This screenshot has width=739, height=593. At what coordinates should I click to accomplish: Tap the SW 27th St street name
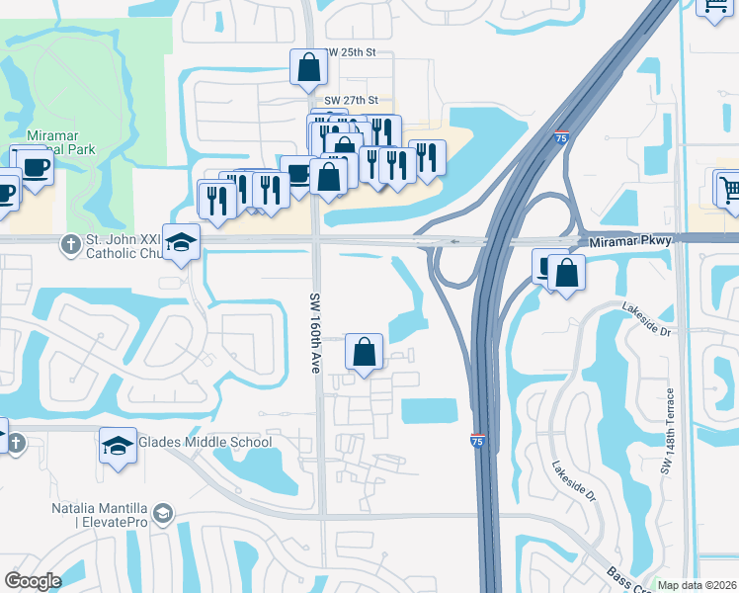pos(352,101)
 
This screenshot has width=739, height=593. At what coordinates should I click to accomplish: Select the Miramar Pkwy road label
pos(629,241)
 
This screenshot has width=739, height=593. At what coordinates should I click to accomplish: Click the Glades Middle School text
pos(206,442)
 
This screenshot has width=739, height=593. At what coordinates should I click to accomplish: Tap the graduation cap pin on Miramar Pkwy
pos(182,242)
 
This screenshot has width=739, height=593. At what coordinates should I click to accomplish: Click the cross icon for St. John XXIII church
pos(70,243)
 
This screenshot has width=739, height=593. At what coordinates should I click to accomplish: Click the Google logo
pos(34,581)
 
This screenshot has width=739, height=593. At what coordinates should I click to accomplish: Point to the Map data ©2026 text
pos(697,585)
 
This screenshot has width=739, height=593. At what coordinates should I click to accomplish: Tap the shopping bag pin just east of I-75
pos(567,272)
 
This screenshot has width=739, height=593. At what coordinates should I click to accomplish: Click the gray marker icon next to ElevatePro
pos(164,514)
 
